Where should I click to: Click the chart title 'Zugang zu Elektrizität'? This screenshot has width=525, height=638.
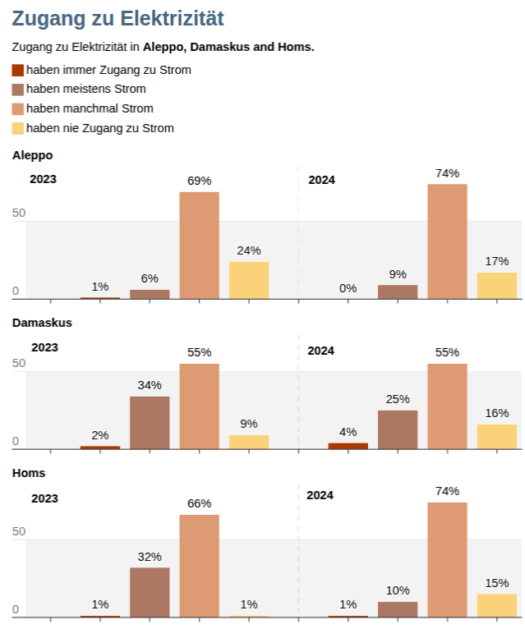point(117,19)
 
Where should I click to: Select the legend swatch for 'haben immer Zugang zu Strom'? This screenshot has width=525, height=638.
point(18,71)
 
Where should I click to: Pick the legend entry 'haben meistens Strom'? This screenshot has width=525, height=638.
point(85,89)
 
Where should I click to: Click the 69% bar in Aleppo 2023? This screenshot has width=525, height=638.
point(199,245)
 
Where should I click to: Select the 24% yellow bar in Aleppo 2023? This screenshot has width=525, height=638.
point(249,280)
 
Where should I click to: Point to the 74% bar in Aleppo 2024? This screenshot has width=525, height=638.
point(447,241)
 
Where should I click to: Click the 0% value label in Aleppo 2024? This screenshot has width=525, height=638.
point(348,288)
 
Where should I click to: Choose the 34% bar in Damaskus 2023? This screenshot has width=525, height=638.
point(150,423)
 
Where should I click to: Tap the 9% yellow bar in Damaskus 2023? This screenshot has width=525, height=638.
point(249,442)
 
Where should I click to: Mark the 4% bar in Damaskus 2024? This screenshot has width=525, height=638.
point(348,446)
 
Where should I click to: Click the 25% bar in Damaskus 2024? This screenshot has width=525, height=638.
point(398,429)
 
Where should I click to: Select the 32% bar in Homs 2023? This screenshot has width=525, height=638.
point(150,592)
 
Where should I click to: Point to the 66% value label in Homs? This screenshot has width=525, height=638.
point(199,503)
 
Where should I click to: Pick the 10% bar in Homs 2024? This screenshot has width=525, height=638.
point(398,608)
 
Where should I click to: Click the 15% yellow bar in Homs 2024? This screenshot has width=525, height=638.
point(497,605)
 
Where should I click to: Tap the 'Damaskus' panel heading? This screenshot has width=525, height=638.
point(42,323)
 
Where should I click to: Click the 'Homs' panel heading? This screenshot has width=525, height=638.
point(28,473)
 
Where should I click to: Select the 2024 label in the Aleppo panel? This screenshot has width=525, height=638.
point(321,180)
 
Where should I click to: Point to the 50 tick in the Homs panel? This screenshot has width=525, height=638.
point(18,531)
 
